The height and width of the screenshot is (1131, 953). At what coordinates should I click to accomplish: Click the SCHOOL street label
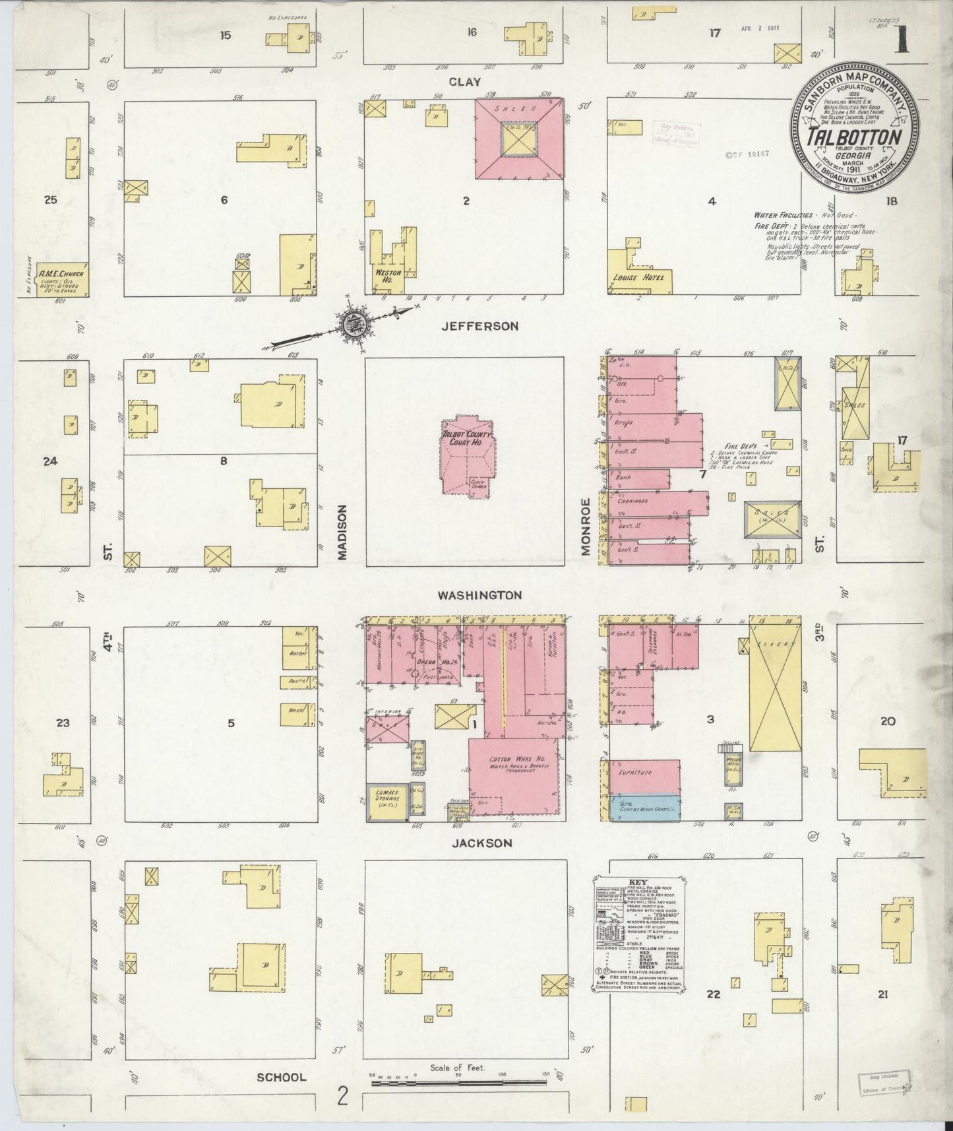point(282,1077)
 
